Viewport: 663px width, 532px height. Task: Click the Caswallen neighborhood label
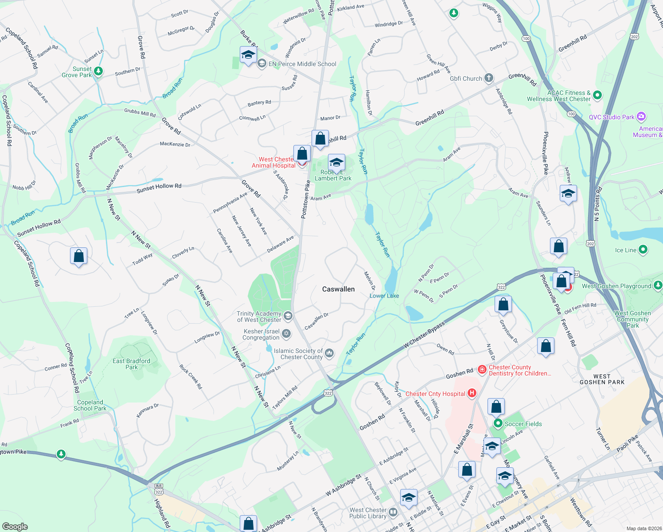click(x=338, y=289)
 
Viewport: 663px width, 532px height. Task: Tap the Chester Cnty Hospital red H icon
click(x=472, y=393)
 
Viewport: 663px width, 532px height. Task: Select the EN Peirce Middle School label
click(x=302, y=64)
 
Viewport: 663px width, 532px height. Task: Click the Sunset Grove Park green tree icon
click(x=98, y=71)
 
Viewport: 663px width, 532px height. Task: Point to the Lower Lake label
click(x=384, y=296)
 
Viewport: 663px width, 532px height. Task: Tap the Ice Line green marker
click(x=643, y=250)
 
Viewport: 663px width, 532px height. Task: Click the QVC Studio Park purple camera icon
click(x=641, y=117)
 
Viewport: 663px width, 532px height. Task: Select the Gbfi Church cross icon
click(x=488, y=78)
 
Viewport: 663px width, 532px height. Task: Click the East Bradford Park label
click(x=131, y=364)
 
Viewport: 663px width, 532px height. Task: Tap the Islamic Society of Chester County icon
click(x=329, y=353)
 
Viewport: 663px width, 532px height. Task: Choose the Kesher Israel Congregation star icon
click(x=286, y=333)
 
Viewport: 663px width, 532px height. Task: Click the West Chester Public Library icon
click(x=393, y=512)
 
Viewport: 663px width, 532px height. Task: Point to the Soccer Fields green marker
click(x=498, y=424)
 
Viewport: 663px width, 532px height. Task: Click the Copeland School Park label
click(x=90, y=405)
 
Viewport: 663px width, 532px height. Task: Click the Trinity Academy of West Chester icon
click(x=288, y=316)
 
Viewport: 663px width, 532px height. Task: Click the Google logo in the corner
click(x=15, y=526)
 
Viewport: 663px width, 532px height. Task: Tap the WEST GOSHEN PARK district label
click(x=602, y=379)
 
